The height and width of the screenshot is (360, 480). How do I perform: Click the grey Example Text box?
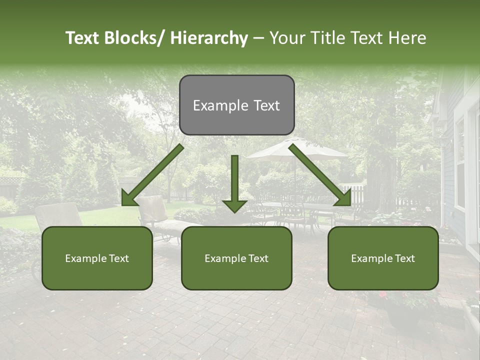click(236, 105)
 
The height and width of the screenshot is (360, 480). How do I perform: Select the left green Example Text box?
click(97, 258)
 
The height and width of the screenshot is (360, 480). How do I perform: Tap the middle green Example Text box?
click(236, 258)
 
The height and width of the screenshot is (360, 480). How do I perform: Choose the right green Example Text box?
click(383, 258)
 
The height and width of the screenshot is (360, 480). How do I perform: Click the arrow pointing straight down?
click(234, 182)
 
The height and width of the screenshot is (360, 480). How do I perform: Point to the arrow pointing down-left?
click(152, 175)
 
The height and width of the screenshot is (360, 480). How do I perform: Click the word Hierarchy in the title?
click(209, 38)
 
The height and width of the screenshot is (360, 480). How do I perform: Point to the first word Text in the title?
click(83, 38)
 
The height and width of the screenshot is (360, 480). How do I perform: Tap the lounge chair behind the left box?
click(57, 215)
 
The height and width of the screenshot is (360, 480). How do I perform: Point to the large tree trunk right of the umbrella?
click(381, 180)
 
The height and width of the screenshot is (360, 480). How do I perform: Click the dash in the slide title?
click(258, 38)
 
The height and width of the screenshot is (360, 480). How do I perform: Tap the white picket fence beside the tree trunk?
click(356, 192)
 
